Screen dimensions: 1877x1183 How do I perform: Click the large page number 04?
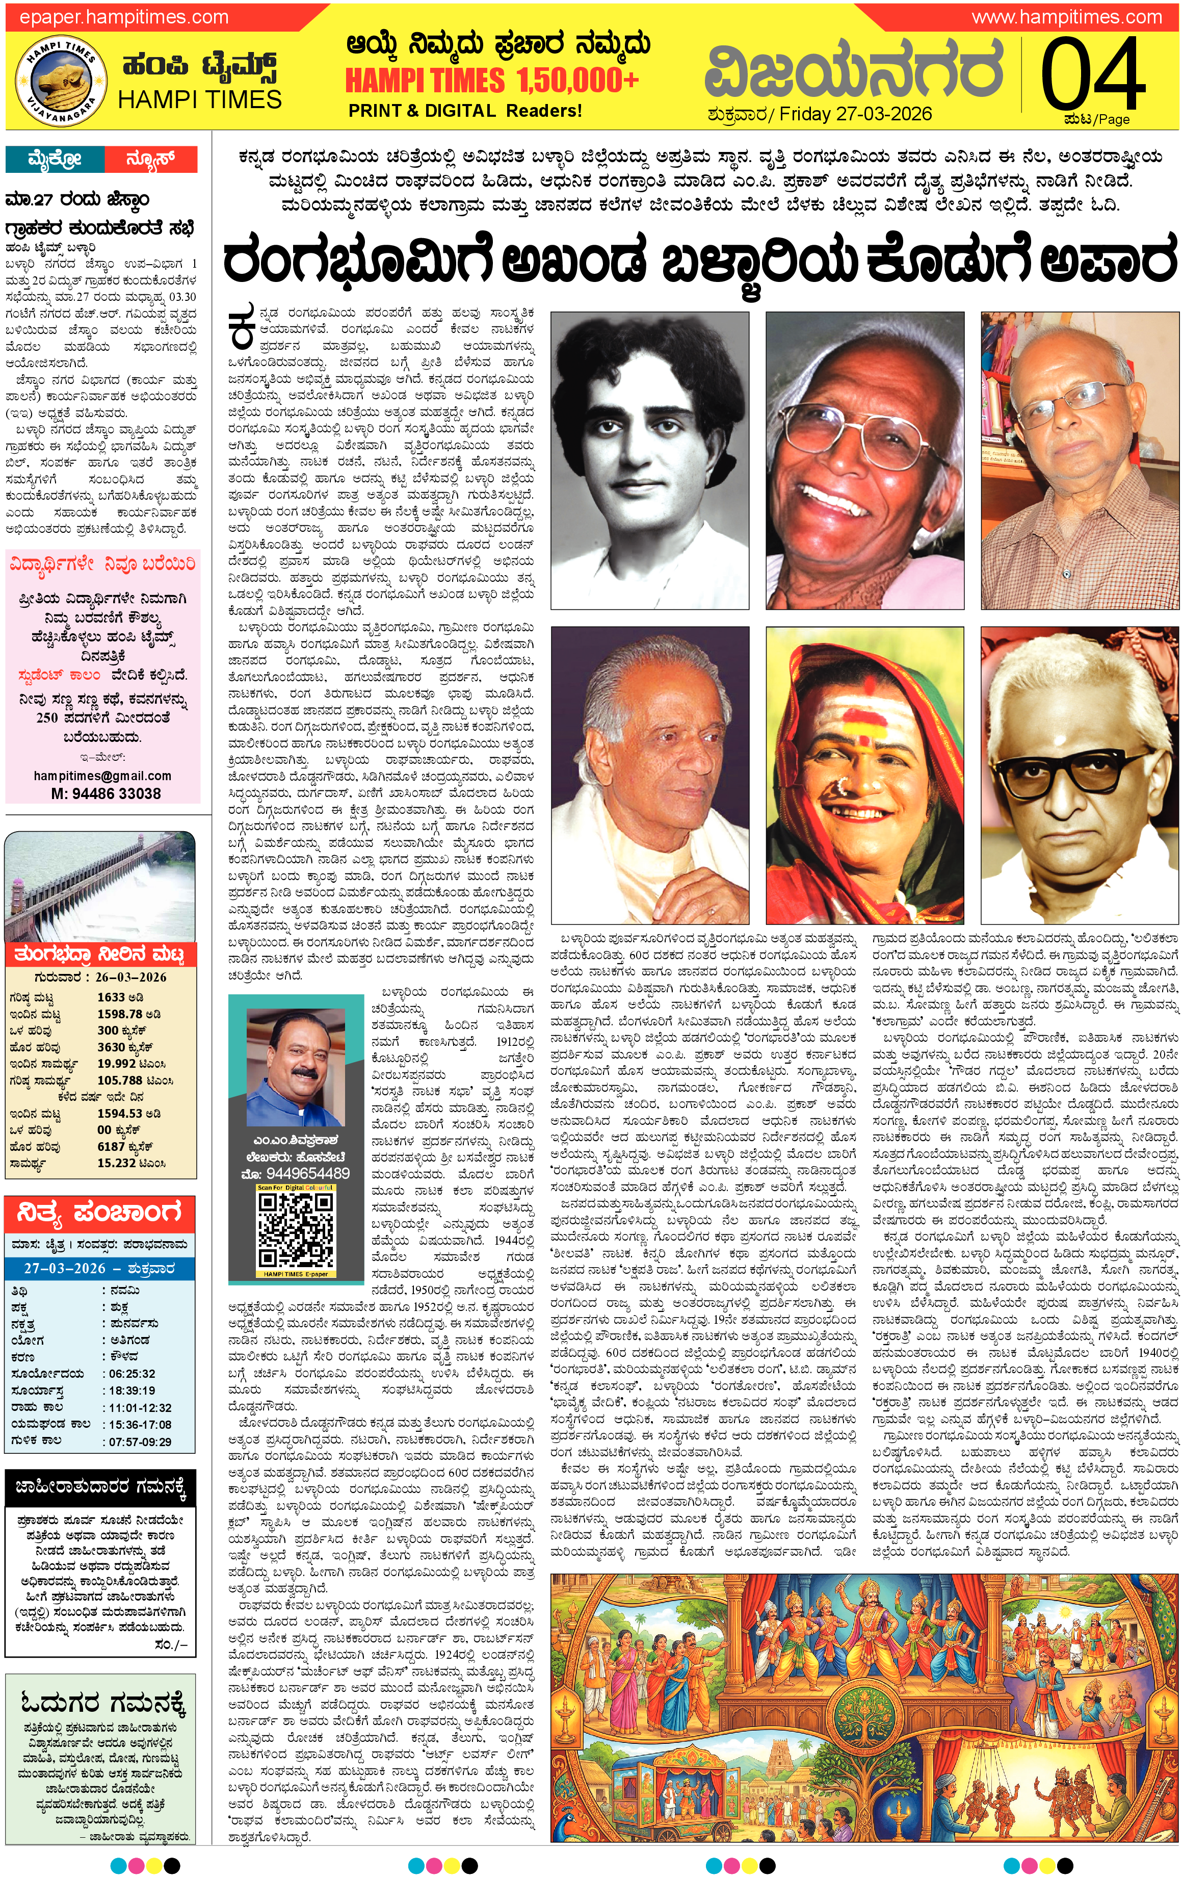point(1093,75)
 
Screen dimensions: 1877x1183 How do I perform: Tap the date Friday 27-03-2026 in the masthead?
point(855,114)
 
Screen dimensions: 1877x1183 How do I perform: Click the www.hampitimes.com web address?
point(1066,16)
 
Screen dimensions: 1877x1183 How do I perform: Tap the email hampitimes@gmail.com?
point(102,776)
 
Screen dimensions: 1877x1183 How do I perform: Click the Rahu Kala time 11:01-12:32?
point(140,1364)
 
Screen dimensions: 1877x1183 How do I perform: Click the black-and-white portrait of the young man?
point(649,460)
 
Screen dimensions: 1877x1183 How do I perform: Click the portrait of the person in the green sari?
point(864,776)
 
